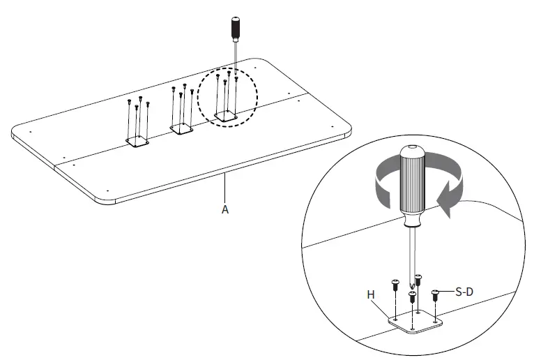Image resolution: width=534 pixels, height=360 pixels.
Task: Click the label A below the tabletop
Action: (224, 209)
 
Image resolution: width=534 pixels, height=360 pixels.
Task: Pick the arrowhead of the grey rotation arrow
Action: (443, 201)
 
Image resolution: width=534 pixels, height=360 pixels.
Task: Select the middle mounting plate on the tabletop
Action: (181, 128)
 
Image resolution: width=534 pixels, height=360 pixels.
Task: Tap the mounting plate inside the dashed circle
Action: (225, 116)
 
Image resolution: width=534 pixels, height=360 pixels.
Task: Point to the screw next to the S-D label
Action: (436, 294)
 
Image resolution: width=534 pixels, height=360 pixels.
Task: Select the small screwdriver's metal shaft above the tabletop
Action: (235, 59)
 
